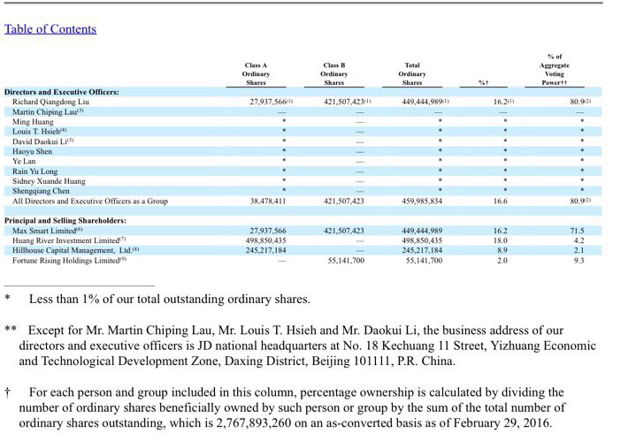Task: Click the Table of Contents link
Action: (50, 29)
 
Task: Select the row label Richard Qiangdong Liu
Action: (50, 103)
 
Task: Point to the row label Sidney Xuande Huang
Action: (49, 180)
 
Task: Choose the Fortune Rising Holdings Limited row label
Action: (68, 261)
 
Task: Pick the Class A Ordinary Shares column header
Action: (257, 73)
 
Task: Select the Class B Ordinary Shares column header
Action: (334, 73)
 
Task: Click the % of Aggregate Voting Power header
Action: (555, 70)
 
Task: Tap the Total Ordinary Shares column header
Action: (412, 73)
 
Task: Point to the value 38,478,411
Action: (269, 201)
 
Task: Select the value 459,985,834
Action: (422, 201)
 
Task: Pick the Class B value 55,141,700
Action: (346, 261)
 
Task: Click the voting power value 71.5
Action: (577, 231)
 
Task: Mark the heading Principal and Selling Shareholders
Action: (65, 220)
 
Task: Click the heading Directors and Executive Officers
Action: (62, 92)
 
